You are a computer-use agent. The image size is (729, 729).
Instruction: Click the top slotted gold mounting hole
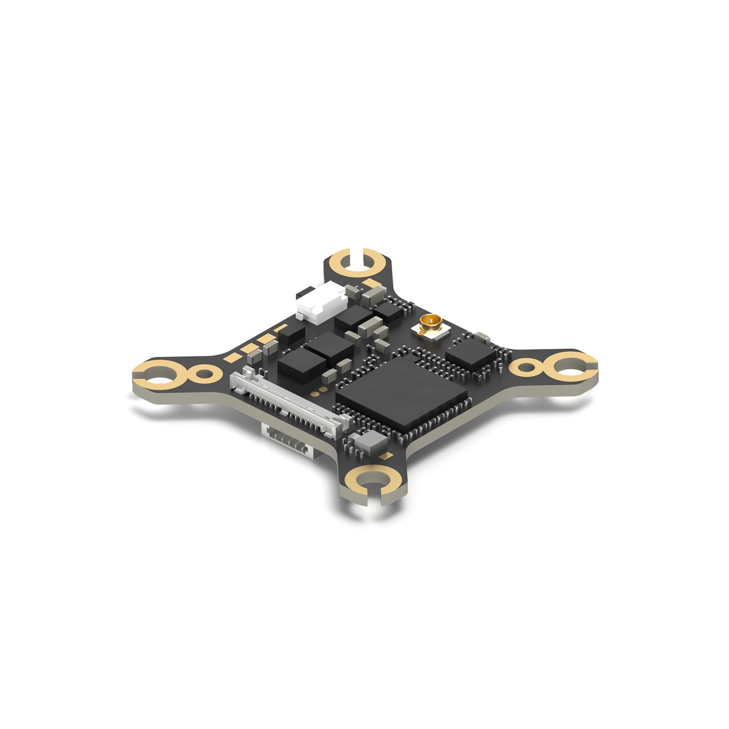[x=358, y=263]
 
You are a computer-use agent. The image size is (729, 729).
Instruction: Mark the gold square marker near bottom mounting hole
[x=387, y=455]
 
